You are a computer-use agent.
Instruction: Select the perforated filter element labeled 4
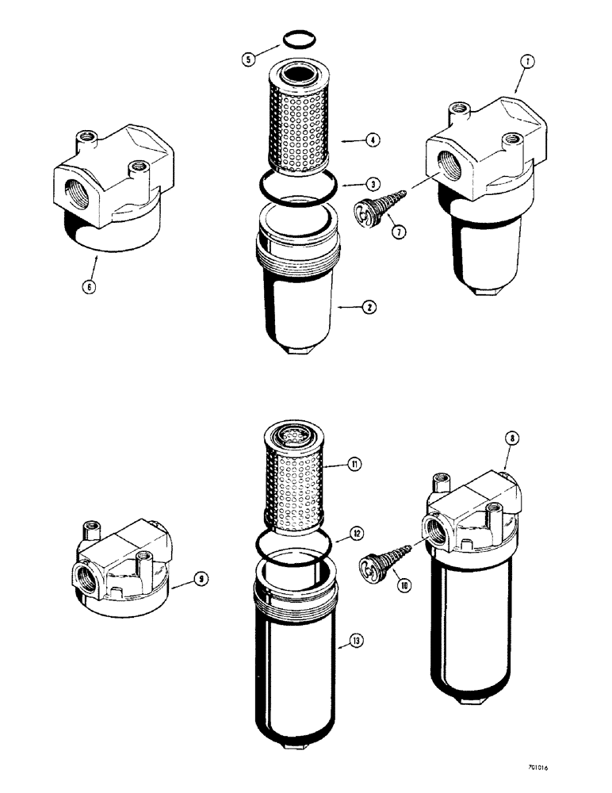297,127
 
